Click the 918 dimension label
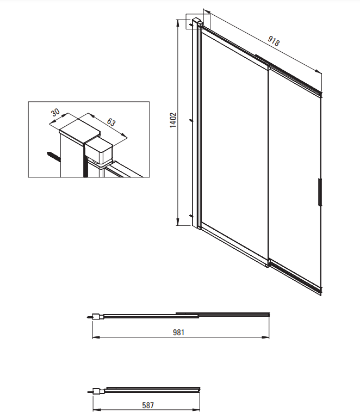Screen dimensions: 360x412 coord(274,40)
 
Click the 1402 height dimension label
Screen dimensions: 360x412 coord(173,120)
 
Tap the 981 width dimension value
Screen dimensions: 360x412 coord(178,333)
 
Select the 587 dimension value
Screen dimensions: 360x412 coord(148,405)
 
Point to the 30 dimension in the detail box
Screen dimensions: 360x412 coord(55,113)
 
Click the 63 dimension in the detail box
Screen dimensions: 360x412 coord(111,122)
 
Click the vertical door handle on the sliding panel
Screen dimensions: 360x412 coord(320,192)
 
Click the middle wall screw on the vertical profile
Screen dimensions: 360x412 coord(191,121)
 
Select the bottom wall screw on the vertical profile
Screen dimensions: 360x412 coord(191,216)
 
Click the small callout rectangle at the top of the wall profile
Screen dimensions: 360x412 coord(198,22)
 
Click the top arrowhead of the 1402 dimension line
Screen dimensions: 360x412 coord(178,23)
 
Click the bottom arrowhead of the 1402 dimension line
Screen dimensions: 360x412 coord(178,222)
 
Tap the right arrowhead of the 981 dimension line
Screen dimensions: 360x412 coord(266,337)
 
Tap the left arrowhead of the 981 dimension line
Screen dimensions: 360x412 coord(96,337)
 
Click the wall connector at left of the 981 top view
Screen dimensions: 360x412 coord(96,317)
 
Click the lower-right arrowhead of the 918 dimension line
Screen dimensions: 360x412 coord(319,71)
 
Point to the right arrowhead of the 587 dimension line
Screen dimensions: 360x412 coord(196,410)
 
